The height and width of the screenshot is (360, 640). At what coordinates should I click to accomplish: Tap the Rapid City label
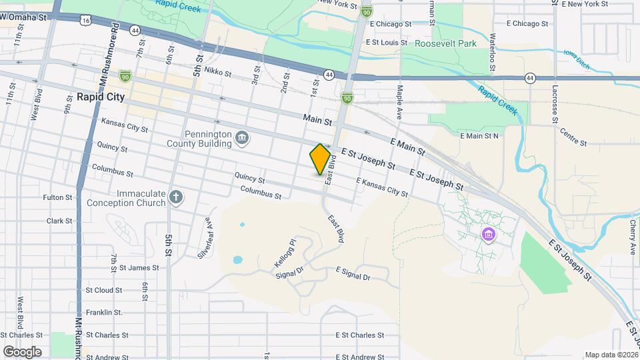point(101,97)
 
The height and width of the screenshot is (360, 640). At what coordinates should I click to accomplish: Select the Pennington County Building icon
point(243,138)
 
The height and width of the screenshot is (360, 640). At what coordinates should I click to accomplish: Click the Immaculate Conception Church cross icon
point(176,197)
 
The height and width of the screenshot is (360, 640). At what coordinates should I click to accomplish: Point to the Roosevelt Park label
point(446,43)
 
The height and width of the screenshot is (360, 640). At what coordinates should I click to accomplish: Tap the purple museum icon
point(489,235)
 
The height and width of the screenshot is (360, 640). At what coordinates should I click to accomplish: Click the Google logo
point(22,351)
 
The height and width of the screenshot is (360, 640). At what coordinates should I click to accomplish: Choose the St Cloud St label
point(103,290)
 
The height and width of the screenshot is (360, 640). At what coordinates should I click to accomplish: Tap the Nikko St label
point(217,71)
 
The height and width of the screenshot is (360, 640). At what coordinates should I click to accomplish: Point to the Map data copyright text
point(610,355)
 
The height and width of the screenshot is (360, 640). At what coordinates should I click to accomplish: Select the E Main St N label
point(480,136)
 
